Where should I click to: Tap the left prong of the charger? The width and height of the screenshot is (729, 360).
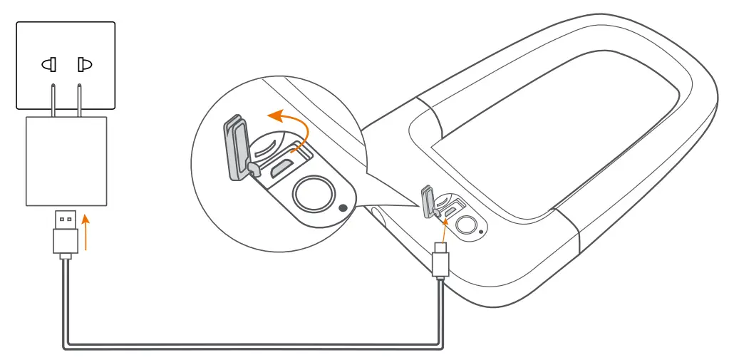[x=53, y=100]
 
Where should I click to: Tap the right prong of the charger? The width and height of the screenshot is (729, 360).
[x=79, y=100]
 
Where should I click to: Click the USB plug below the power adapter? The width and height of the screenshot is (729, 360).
[x=65, y=232]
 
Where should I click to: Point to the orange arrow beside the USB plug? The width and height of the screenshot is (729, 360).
[x=86, y=234]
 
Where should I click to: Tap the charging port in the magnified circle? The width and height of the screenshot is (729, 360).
[x=280, y=169]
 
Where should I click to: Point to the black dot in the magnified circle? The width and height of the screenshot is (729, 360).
[x=344, y=208]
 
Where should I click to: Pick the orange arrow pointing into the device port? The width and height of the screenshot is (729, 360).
[x=443, y=229]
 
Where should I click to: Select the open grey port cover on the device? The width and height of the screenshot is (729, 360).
[x=427, y=201]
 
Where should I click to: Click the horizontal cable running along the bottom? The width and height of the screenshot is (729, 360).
[x=249, y=346]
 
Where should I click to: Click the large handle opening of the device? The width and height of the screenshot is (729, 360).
[x=556, y=135]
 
